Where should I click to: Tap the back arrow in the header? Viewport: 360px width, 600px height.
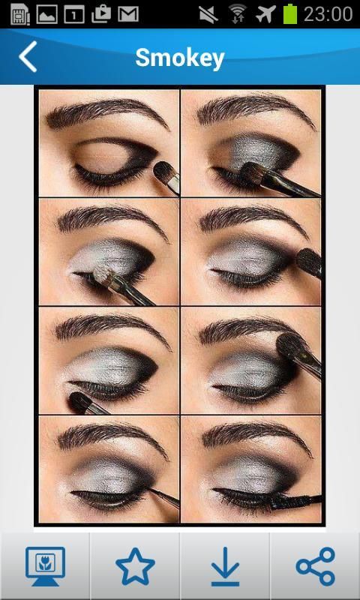pyautogui.click(x=28, y=57)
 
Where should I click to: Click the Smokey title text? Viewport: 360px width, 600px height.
pyautogui.click(x=180, y=58)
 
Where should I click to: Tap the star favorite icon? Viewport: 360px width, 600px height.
pyautogui.click(x=135, y=566)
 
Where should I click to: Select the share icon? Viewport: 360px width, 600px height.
pyautogui.click(x=315, y=566)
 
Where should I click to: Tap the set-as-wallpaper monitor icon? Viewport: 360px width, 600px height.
pyautogui.click(x=45, y=566)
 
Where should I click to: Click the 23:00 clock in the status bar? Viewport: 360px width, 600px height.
pyautogui.click(x=328, y=14)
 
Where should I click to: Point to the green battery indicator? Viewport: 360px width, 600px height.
pyautogui.click(x=290, y=14)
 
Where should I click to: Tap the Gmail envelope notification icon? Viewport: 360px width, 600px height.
pyautogui.click(x=128, y=14)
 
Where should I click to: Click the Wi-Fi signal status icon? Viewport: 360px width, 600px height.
pyautogui.click(x=238, y=14)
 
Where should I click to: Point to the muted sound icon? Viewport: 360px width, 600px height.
pyautogui.click(x=209, y=14)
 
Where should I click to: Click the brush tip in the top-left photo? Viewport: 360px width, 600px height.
pyautogui.click(x=163, y=169)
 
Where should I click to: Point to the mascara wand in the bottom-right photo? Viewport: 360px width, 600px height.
pyautogui.click(x=295, y=500)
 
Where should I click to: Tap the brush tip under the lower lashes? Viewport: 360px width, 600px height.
pyautogui.click(x=79, y=402)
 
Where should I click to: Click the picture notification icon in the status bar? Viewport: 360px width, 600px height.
pyautogui.click(x=46, y=14)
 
